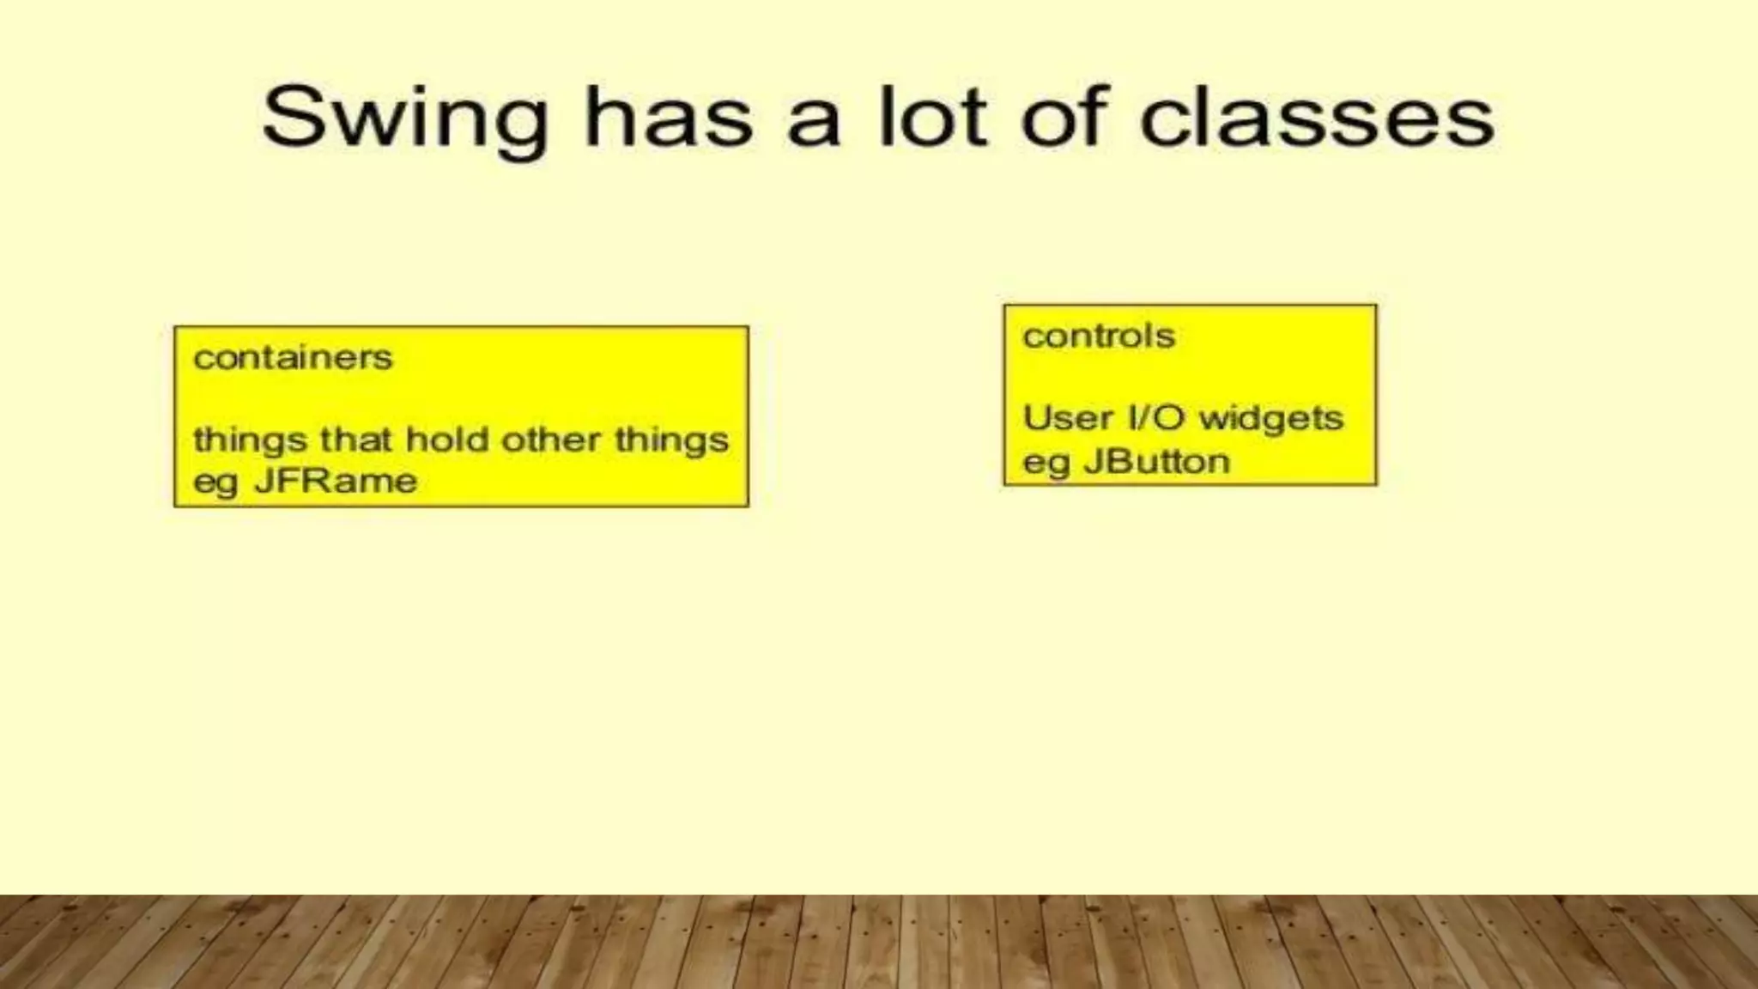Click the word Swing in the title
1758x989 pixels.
pos(404,120)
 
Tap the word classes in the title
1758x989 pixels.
pos(1317,120)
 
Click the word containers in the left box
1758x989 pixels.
pos(293,357)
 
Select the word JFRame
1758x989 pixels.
pos(336,481)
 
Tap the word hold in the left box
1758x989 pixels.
pos(447,440)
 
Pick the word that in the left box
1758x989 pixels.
pos(356,440)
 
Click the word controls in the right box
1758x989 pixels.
pos(1098,336)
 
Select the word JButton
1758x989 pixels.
pos(1156,462)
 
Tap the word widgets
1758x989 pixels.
pos(1270,419)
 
